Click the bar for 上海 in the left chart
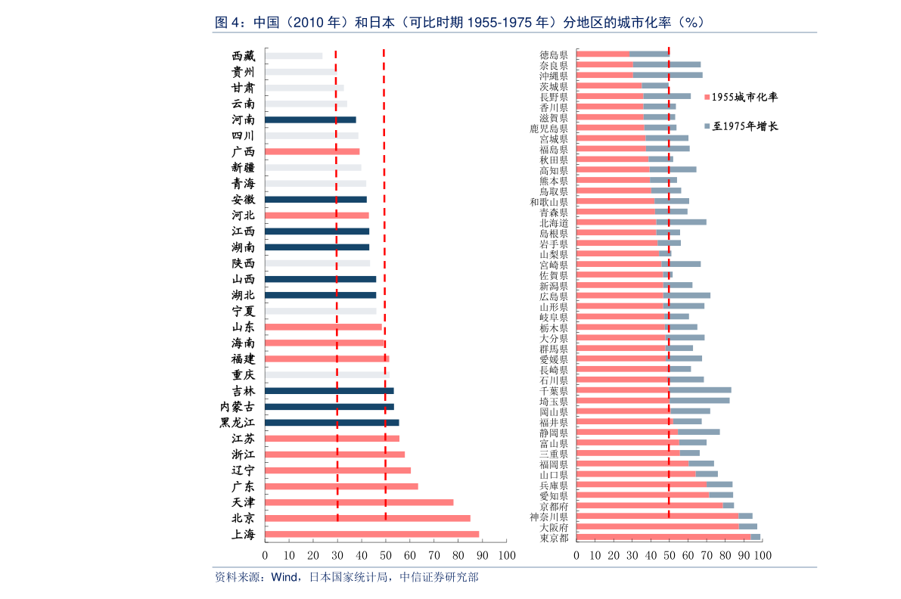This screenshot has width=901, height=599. click(x=371, y=534)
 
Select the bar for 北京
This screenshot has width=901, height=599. click(x=368, y=518)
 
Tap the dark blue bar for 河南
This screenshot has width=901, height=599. click(x=310, y=119)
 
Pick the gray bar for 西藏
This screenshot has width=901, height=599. click(x=294, y=56)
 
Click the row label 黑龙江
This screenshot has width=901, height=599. click(x=237, y=423)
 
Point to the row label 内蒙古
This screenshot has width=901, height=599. click(x=237, y=407)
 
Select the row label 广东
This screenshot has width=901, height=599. click(x=243, y=486)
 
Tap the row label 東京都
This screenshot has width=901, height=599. click(x=554, y=538)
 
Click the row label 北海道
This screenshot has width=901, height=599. click(x=554, y=223)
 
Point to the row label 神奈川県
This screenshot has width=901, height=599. click(x=548, y=517)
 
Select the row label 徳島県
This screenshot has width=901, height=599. click(x=554, y=54)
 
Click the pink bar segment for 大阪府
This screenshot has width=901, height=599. click(x=657, y=526)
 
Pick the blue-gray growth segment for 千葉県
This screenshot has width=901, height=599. click(x=700, y=390)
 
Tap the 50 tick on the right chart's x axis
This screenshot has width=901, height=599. click(x=669, y=555)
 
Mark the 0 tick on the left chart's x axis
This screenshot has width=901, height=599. click(x=265, y=555)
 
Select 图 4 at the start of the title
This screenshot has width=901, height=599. click(x=228, y=22)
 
